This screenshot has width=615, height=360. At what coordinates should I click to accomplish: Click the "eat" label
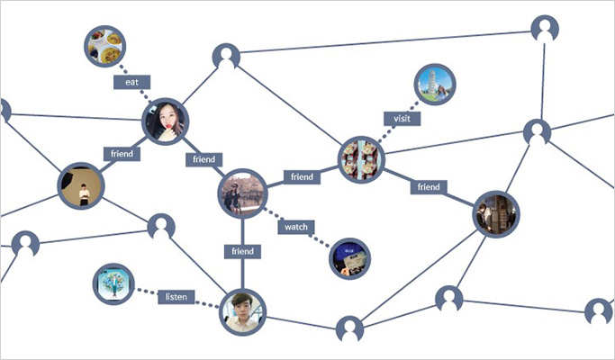pyautogui.click(x=131, y=82)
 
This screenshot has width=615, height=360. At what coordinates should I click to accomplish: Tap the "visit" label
pyautogui.click(x=402, y=119)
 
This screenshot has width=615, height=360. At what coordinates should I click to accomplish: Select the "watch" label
pyautogui.click(x=296, y=227)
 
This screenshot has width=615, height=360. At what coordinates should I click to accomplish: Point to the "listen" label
pyautogui.click(x=176, y=297)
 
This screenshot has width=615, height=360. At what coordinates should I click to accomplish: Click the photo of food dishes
pyautogui.click(x=104, y=46)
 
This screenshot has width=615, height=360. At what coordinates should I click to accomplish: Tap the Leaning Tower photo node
pyautogui.click(x=435, y=85)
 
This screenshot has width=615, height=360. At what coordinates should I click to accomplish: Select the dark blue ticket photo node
pyautogui.click(x=349, y=259)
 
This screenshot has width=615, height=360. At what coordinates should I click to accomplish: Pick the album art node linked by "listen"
pyautogui.click(x=113, y=284)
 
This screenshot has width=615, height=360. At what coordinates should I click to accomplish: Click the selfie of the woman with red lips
pyautogui.click(x=165, y=121)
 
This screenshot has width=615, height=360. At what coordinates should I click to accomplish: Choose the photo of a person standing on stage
pyautogui.click(x=81, y=186)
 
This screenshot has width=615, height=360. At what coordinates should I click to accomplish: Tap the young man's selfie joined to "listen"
pyautogui.click(x=243, y=312)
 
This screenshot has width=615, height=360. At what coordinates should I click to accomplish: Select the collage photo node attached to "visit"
pyautogui.click(x=361, y=159)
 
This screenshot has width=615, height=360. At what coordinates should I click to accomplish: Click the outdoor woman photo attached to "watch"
pyautogui.click(x=242, y=193)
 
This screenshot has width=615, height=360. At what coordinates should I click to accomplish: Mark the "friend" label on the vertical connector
pyautogui.click(x=242, y=251)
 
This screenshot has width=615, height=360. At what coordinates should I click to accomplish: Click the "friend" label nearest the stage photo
pyautogui.click(x=122, y=153)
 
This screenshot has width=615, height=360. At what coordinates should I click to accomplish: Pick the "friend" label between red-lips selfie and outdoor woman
pyautogui.click(x=204, y=159)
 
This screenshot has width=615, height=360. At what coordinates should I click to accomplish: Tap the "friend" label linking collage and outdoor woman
pyautogui.click(x=302, y=177)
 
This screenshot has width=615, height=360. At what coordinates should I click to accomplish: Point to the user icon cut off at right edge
pyautogui.click(x=599, y=311)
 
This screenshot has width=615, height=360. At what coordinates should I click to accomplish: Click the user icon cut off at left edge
pyautogui.click(x=5, y=111)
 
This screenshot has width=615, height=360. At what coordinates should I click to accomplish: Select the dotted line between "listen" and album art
pyautogui.click(x=146, y=292)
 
